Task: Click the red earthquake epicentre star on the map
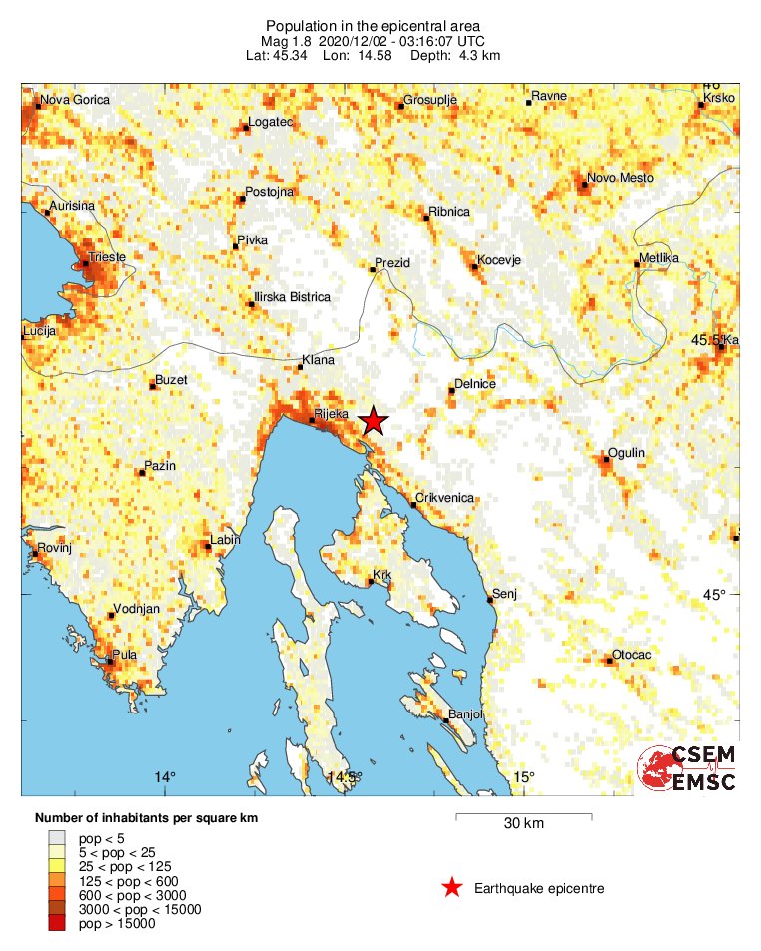pos(373,421)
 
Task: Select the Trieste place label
pos(107,257)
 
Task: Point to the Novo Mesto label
pos(620,178)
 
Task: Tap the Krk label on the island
pos(380,575)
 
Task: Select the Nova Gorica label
pos(72,100)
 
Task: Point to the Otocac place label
pos(631,655)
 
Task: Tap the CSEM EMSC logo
pos(688,768)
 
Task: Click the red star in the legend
pos(452,888)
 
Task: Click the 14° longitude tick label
pos(165,777)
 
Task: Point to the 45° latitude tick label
pos(713,595)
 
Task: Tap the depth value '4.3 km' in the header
pos(478,55)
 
